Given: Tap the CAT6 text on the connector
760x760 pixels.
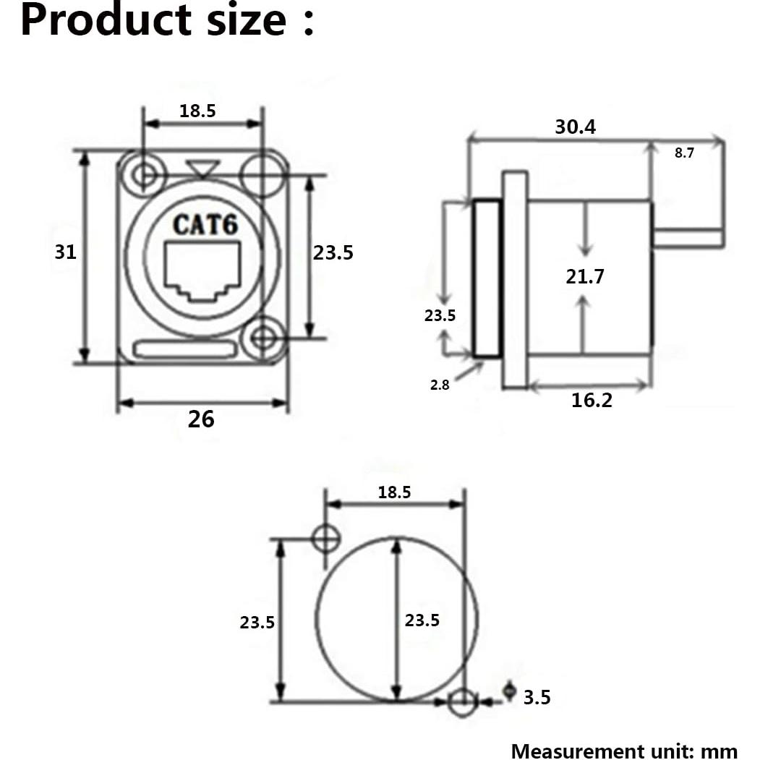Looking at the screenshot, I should pyautogui.click(x=205, y=224).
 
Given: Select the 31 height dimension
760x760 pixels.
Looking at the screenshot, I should pyautogui.click(x=66, y=252).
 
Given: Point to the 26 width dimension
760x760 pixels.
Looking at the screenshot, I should pyautogui.click(x=201, y=419).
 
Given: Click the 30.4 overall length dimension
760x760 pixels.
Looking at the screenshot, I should pyautogui.click(x=576, y=127).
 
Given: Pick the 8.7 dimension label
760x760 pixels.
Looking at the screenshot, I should pyautogui.click(x=684, y=153).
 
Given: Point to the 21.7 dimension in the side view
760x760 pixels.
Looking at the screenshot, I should pyautogui.click(x=585, y=276).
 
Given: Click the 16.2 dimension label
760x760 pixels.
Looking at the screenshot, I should pyautogui.click(x=592, y=400).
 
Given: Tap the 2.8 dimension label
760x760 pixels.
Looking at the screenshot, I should pyautogui.click(x=440, y=385).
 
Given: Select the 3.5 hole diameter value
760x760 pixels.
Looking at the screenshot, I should pyautogui.click(x=537, y=697).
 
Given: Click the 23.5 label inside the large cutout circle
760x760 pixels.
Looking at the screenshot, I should pyautogui.click(x=422, y=620).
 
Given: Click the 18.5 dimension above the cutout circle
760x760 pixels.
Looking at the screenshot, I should pyautogui.click(x=394, y=492).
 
